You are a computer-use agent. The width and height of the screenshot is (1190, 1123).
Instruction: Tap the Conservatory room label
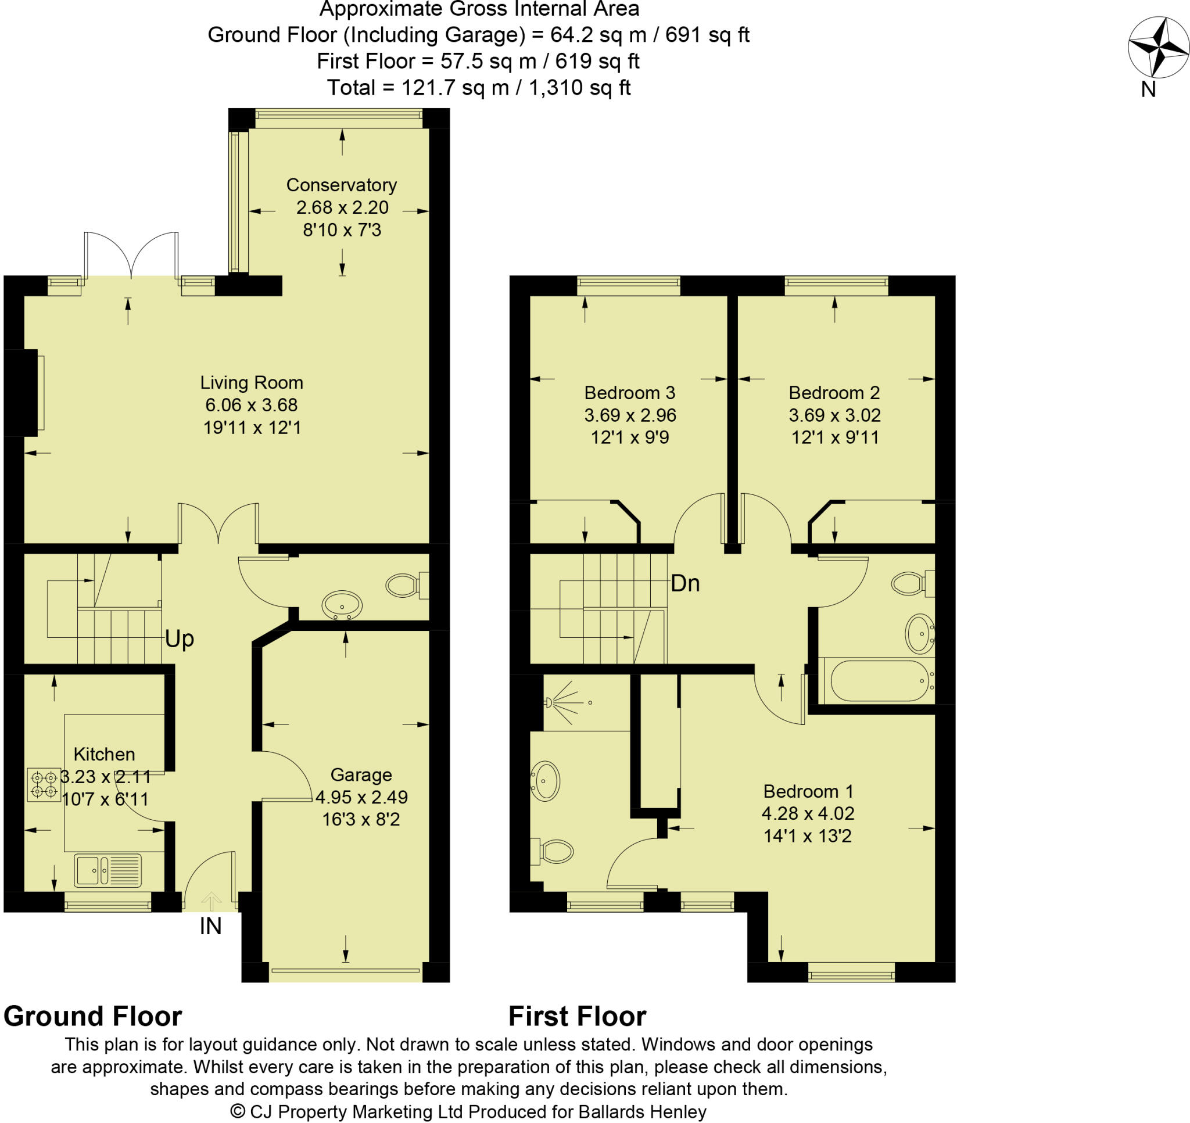[341, 185]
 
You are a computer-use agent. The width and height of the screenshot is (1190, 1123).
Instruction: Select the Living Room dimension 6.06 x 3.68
[252, 405]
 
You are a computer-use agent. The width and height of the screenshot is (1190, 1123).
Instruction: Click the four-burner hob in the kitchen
[44, 785]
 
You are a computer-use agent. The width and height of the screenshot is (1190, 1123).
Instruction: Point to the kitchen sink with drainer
[107, 870]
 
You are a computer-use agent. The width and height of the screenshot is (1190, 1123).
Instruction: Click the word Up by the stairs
[180, 638]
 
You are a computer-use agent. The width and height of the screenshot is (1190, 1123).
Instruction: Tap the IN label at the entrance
[210, 926]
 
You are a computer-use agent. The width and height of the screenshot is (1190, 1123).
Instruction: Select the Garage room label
[361, 774]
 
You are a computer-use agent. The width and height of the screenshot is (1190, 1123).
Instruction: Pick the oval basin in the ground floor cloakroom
[342, 605]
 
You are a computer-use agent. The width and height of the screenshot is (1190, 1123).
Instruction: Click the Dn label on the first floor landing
[685, 583]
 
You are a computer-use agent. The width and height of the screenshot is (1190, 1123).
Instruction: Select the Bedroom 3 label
[629, 393]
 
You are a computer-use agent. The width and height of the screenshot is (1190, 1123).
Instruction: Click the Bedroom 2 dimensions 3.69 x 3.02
[834, 415]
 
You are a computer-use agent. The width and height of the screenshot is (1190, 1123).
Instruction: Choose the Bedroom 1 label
[808, 791]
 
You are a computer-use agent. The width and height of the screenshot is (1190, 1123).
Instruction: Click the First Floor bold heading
[577, 1017]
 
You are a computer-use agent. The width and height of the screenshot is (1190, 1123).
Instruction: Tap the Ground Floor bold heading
[93, 1017]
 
